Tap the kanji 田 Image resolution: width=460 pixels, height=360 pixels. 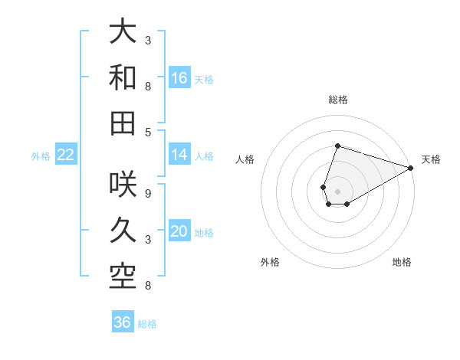(123, 123)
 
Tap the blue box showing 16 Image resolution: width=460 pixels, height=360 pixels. (179, 77)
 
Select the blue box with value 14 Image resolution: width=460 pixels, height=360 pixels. (179, 155)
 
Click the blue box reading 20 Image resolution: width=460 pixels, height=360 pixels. (179, 231)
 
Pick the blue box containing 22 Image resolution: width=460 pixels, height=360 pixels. (65, 155)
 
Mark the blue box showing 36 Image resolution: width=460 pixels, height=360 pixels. (122, 322)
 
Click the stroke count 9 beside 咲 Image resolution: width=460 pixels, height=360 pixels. (147, 193)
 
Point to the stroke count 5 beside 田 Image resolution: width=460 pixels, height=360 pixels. (147, 133)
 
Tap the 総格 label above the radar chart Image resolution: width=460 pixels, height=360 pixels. (338, 100)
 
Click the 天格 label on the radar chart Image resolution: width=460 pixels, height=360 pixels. (431, 159)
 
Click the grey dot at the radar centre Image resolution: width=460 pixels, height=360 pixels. (337, 191)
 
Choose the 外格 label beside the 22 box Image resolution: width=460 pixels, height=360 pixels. (41, 156)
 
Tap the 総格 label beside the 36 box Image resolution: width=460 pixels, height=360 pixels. (147, 324)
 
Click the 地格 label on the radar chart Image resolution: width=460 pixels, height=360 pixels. (402, 262)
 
